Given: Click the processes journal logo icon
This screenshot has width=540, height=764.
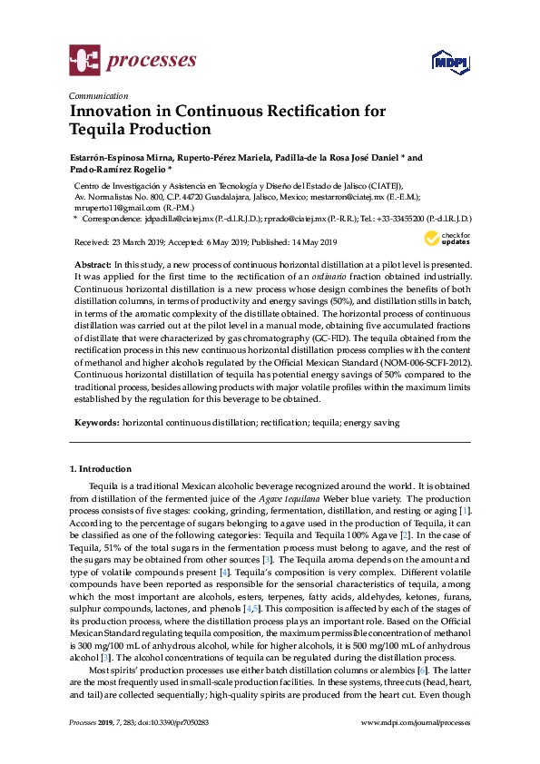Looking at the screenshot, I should point(83,62).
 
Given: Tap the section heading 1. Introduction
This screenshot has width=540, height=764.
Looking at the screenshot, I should point(101,469).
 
